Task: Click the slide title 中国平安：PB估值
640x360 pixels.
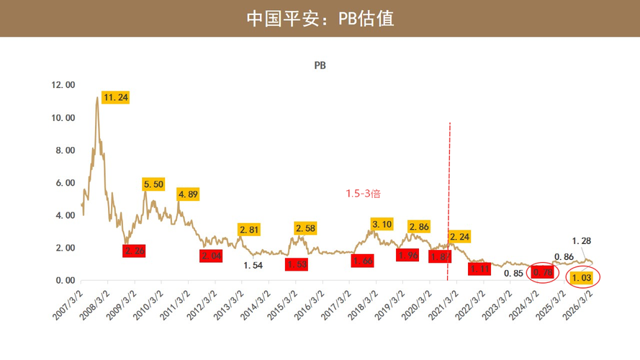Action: click(x=320, y=18)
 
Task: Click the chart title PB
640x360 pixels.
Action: click(x=320, y=66)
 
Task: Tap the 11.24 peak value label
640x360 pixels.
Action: click(x=116, y=97)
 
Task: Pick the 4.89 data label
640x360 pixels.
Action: click(x=189, y=194)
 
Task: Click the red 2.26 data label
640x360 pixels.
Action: click(x=135, y=251)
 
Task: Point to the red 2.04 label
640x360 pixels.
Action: click(x=212, y=256)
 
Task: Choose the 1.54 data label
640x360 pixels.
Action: click(x=252, y=266)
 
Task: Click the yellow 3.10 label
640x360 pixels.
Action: click(x=383, y=225)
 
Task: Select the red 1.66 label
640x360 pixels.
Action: click(x=363, y=261)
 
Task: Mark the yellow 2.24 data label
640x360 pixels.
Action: click(x=459, y=237)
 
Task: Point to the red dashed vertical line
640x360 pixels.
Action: click(x=449, y=180)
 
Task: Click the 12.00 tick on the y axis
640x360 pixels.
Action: click(x=63, y=85)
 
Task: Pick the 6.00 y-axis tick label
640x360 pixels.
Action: click(x=65, y=183)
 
